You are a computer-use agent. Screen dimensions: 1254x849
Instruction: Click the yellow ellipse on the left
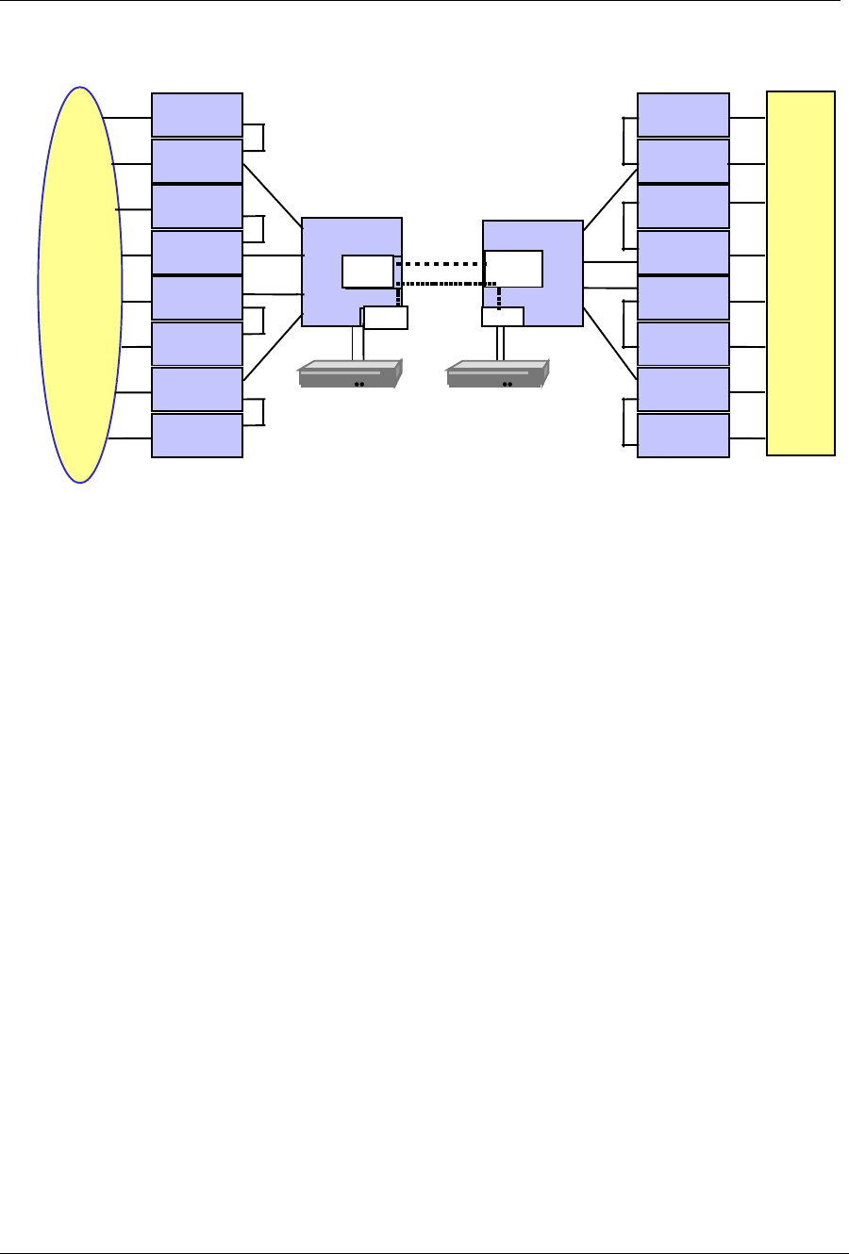click(80, 285)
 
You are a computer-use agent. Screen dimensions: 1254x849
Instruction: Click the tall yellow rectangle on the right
click(800, 273)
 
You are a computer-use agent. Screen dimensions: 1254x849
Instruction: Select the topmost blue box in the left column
click(197, 115)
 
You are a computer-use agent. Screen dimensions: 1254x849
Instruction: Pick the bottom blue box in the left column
click(197, 436)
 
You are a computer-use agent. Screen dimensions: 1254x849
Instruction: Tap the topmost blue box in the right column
click(683, 115)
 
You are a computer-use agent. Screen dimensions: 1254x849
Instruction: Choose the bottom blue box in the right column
click(683, 436)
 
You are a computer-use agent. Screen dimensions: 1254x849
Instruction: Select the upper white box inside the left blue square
click(368, 271)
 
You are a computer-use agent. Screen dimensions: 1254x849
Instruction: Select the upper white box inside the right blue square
click(514, 269)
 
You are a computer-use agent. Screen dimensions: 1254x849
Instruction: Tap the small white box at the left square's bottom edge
click(386, 318)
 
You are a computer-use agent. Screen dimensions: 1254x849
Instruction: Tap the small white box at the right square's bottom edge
click(502, 317)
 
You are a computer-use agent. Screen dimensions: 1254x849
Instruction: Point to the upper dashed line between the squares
click(440, 264)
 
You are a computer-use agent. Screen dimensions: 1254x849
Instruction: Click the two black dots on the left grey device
click(358, 385)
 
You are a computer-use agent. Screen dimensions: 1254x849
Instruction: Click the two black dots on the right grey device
click(507, 385)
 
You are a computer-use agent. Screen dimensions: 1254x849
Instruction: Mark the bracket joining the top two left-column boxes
click(263, 138)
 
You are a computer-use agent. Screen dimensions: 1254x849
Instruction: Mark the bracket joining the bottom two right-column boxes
click(624, 421)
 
